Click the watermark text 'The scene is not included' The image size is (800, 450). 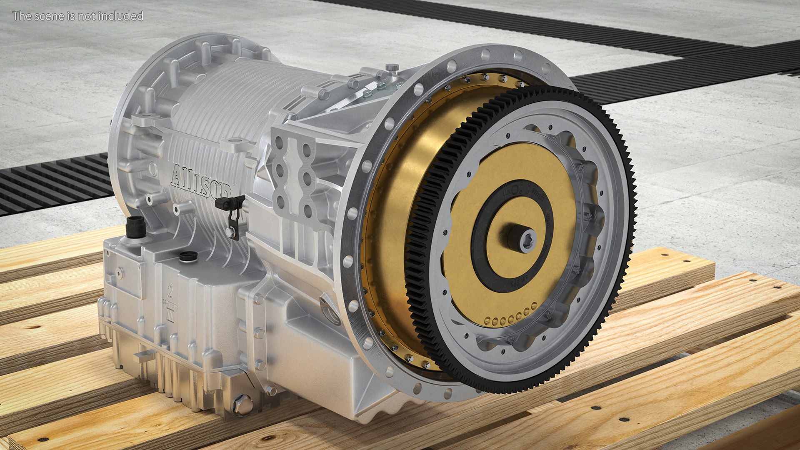[78, 16]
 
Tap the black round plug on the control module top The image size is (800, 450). [188, 256]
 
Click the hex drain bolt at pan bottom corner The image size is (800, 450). [243, 404]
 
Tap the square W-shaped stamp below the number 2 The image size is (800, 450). [170, 315]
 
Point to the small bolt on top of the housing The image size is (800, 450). [391, 67]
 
